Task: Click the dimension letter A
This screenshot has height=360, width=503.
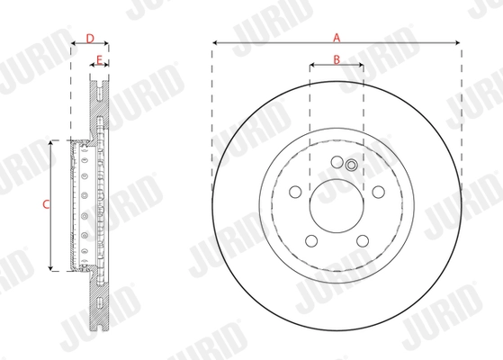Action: click(x=337, y=37)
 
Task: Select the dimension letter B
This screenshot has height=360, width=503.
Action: click(x=337, y=60)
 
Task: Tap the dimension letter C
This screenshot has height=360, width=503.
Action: click(x=46, y=204)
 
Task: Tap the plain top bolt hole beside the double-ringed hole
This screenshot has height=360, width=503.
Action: click(x=337, y=162)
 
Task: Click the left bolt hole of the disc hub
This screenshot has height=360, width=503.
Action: click(x=295, y=190)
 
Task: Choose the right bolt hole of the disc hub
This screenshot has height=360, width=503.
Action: click(x=378, y=190)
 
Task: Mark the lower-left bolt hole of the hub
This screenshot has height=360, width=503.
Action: click(x=311, y=240)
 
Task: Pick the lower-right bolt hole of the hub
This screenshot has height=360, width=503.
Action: click(x=362, y=240)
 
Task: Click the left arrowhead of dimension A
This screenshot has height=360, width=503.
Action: click(x=217, y=42)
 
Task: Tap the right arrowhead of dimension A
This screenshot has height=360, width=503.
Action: click(x=458, y=42)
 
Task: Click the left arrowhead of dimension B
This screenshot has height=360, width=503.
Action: click(x=311, y=66)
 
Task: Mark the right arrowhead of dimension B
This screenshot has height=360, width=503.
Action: click(x=361, y=66)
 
